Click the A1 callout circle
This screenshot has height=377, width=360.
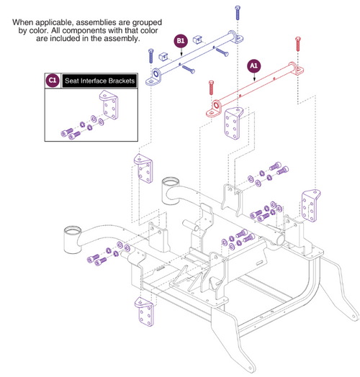point(253,64)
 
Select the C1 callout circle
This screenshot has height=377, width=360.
point(53,81)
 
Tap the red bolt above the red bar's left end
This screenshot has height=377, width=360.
point(210,90)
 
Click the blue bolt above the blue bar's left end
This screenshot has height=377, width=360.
point(150,55)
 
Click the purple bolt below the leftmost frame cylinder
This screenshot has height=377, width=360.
point(94,259)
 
